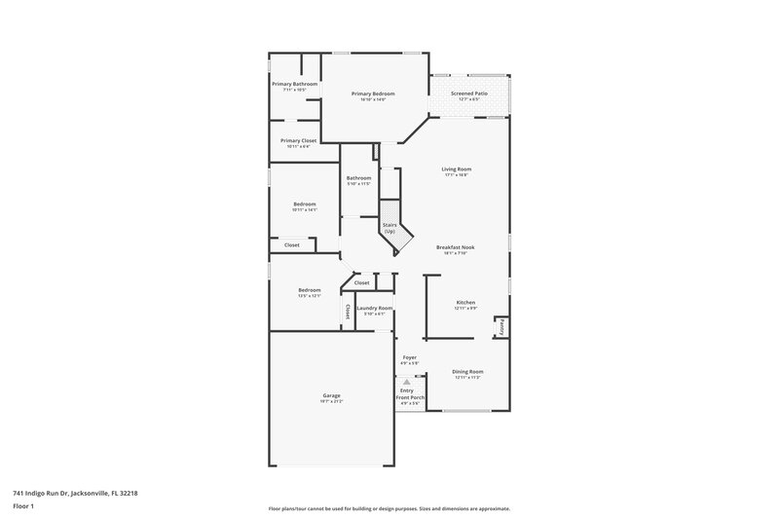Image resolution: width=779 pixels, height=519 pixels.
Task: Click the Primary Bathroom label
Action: (294, 84)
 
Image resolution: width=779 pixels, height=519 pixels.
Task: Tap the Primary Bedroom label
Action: (373, 93)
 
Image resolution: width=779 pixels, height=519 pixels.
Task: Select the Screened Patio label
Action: (470, 93)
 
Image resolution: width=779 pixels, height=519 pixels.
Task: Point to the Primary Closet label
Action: (299, 141)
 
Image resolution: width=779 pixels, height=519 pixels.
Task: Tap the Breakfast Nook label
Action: (456, 248)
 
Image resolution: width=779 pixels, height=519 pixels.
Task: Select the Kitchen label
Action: (466, 303)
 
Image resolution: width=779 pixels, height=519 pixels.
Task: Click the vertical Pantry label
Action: (501, 329)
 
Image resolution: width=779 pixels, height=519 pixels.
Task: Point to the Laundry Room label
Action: (375, 308)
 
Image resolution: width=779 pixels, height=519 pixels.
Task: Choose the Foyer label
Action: (410, 357)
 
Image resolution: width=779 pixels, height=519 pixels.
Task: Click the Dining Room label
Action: (467, 372)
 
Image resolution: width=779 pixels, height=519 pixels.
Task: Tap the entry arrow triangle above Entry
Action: (407, 382)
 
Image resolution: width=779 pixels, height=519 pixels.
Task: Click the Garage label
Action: (332, 395)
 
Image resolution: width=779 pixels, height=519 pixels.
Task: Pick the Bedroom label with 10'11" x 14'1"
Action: (305, 204)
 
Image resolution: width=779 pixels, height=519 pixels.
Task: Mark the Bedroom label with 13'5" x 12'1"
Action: (310, 290)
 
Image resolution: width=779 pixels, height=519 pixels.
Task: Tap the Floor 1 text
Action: (23, 507)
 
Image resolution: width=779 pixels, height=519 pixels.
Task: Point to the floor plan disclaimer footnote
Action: (389, 508)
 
